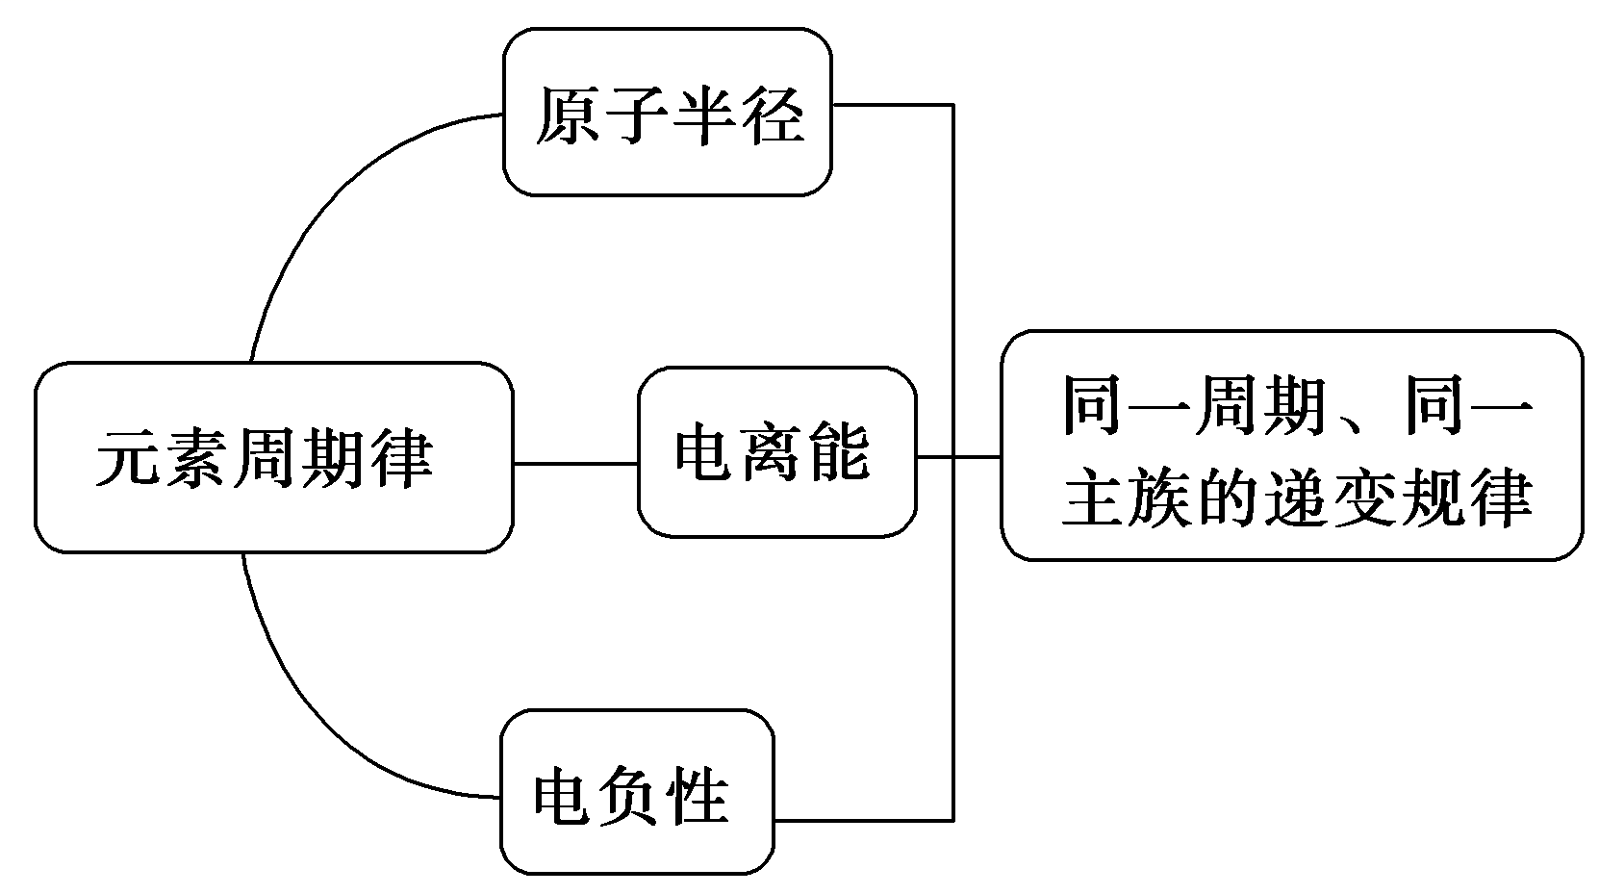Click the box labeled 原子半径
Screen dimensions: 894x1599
(668, 113)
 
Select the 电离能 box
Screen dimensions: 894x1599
(777, 451)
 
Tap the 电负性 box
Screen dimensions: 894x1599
(637, 793)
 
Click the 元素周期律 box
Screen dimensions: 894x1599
(273, 457)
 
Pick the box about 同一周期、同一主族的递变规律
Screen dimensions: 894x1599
(1291, 446)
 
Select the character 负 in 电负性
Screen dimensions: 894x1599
(631, 795)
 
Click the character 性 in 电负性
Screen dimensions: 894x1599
(698, 795)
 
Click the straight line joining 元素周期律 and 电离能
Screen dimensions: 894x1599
(575, 464)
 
